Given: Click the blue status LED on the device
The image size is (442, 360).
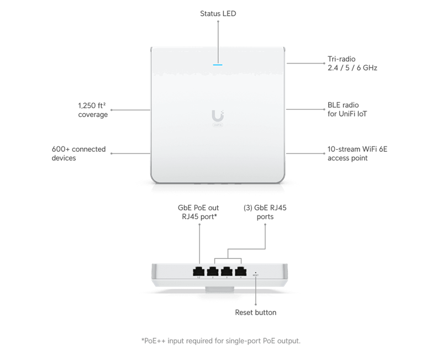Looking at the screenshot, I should point(218,63).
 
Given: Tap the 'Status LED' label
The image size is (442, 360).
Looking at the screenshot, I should point(218,13).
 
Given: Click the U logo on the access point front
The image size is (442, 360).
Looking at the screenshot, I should point(218,115).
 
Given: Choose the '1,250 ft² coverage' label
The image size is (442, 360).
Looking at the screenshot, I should point(92,109).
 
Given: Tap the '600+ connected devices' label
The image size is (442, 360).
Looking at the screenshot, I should point(78,153).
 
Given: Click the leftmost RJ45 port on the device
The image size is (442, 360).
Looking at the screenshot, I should point(198,272).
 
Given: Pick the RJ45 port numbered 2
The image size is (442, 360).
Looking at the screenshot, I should point(212,272).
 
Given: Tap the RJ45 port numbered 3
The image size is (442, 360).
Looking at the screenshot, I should point(226,272).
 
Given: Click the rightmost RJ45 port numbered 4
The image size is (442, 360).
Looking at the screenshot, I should point(240,272).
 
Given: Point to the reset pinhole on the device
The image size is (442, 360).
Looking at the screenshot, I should point(255,272).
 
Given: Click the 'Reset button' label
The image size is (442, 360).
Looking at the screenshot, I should point(256,313).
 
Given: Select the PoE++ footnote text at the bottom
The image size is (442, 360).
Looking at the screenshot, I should point(220,341).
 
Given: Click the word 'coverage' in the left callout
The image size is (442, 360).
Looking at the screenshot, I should point(92,114).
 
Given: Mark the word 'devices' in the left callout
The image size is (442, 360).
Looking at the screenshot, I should point(64,158).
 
